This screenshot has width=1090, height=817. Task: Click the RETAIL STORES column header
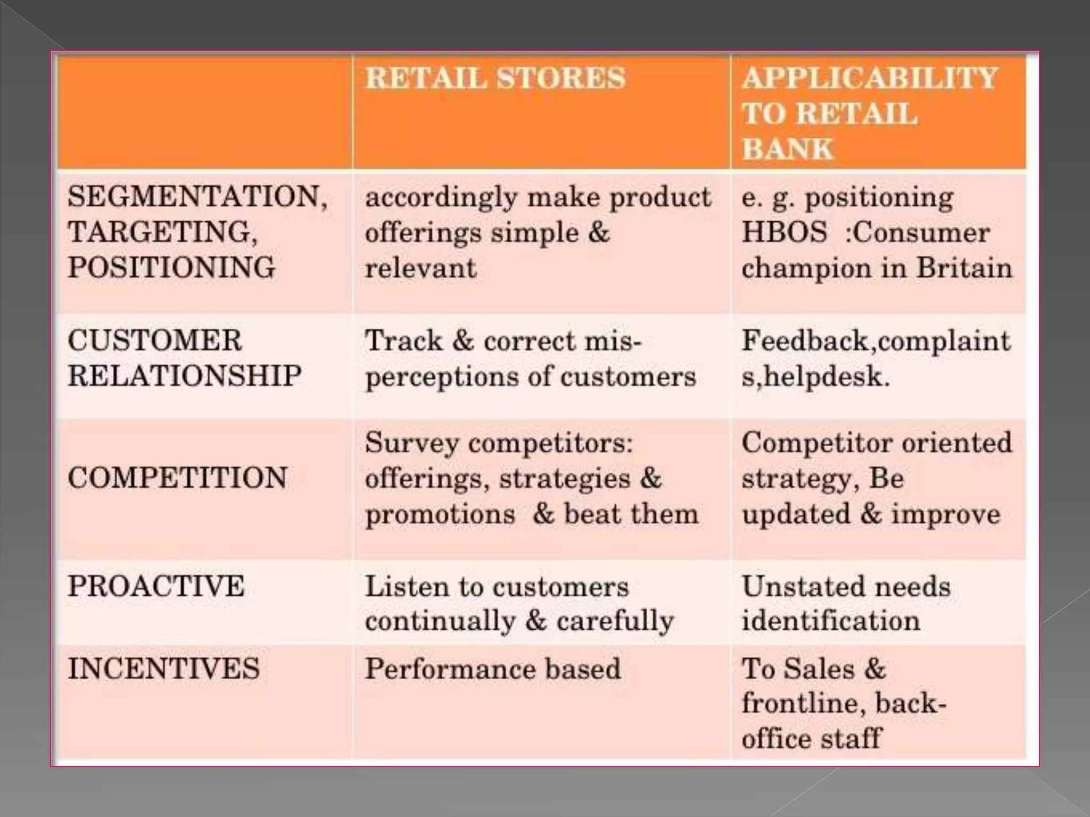(495, 78)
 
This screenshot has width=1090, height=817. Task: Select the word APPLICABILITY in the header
(869, 78)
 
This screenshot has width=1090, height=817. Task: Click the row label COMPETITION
(177, 477)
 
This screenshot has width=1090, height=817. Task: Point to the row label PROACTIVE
(156, 586)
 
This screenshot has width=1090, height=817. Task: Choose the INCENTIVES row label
(163, 668)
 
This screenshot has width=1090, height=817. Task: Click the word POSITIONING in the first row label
(171, 267)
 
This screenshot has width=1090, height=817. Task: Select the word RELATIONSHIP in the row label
(185, 376)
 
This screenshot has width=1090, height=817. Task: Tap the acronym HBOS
(785, 232)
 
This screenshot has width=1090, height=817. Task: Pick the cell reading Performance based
(493, 669)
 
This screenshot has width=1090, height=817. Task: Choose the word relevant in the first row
(420, 268)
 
